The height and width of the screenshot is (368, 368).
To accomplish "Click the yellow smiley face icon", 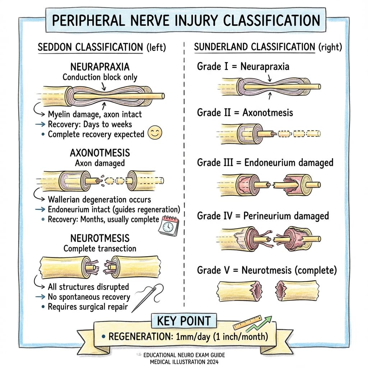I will [155, 133].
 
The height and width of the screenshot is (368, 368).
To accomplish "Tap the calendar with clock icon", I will [168, 226].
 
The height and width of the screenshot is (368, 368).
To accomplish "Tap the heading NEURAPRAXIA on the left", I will [100, 67].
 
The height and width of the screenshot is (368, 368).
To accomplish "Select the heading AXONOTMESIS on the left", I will [100, 153].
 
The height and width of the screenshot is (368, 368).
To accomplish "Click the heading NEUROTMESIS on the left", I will [100, 239].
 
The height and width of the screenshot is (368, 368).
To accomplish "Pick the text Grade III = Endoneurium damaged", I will [265, 162].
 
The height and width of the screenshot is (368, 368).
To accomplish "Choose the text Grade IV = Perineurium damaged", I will [263, 216].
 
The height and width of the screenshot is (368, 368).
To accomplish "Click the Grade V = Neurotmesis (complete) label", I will [267, 270].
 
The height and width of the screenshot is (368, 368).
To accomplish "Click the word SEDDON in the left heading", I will [58, 47].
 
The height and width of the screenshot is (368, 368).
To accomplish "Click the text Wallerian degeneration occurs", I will [99, 199].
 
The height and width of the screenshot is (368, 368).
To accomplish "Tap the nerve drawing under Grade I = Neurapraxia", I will [269, 87].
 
